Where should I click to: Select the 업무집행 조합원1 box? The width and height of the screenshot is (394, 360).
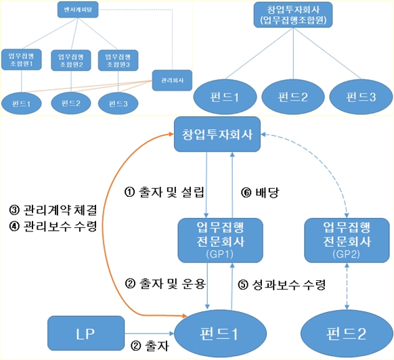(21, 59)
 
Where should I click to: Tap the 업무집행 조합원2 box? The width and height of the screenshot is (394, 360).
(70, 59)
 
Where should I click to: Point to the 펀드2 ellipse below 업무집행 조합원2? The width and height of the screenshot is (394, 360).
(70, 103)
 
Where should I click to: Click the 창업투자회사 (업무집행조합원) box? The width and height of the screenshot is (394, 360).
(292, 16)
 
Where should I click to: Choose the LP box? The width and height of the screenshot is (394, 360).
(86, 335)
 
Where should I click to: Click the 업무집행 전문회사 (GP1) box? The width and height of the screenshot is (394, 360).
(214, 239)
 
